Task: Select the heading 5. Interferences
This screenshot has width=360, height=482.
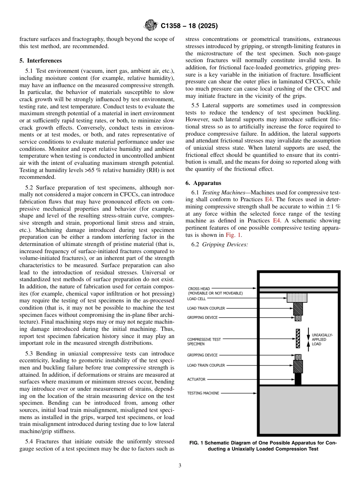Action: [41, 61]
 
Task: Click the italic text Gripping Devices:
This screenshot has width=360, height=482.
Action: [225, 244]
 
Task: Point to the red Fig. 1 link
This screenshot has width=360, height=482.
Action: [233, 235]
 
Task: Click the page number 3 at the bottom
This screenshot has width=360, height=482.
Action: [180, 466]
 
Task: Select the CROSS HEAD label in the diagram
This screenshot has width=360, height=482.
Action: [199, 288]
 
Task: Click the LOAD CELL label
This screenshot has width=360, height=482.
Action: [196, 299]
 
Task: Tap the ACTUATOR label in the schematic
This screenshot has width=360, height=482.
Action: [196, 379]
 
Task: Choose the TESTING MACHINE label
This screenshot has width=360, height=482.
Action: [203, 393]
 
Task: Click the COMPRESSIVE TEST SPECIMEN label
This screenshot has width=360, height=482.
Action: [203, 341]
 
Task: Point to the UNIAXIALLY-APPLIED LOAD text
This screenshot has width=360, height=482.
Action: [322, 340]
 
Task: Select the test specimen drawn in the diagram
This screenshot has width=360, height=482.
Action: [298, 338]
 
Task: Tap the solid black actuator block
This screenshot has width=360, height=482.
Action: [298, 379]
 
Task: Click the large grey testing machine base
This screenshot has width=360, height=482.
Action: [298, 409]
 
